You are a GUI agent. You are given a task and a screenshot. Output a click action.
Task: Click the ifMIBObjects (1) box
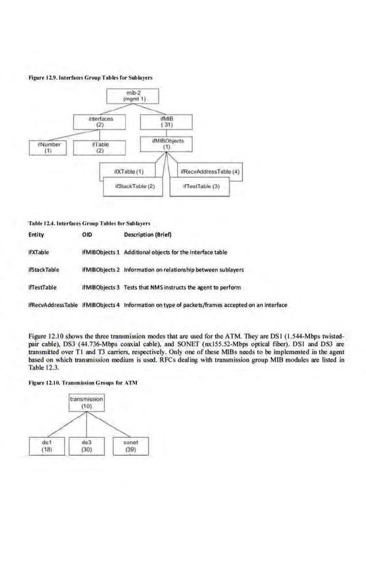tap(167, 143)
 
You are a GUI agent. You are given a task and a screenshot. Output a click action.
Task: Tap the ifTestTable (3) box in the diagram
tap(198, 186)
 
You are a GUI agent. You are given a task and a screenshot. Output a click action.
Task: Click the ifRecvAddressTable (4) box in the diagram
tap(211, 171)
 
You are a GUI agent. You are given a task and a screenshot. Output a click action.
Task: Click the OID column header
tap(87, 234)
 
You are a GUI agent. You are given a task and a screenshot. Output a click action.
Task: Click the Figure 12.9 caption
tap(90, 77)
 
